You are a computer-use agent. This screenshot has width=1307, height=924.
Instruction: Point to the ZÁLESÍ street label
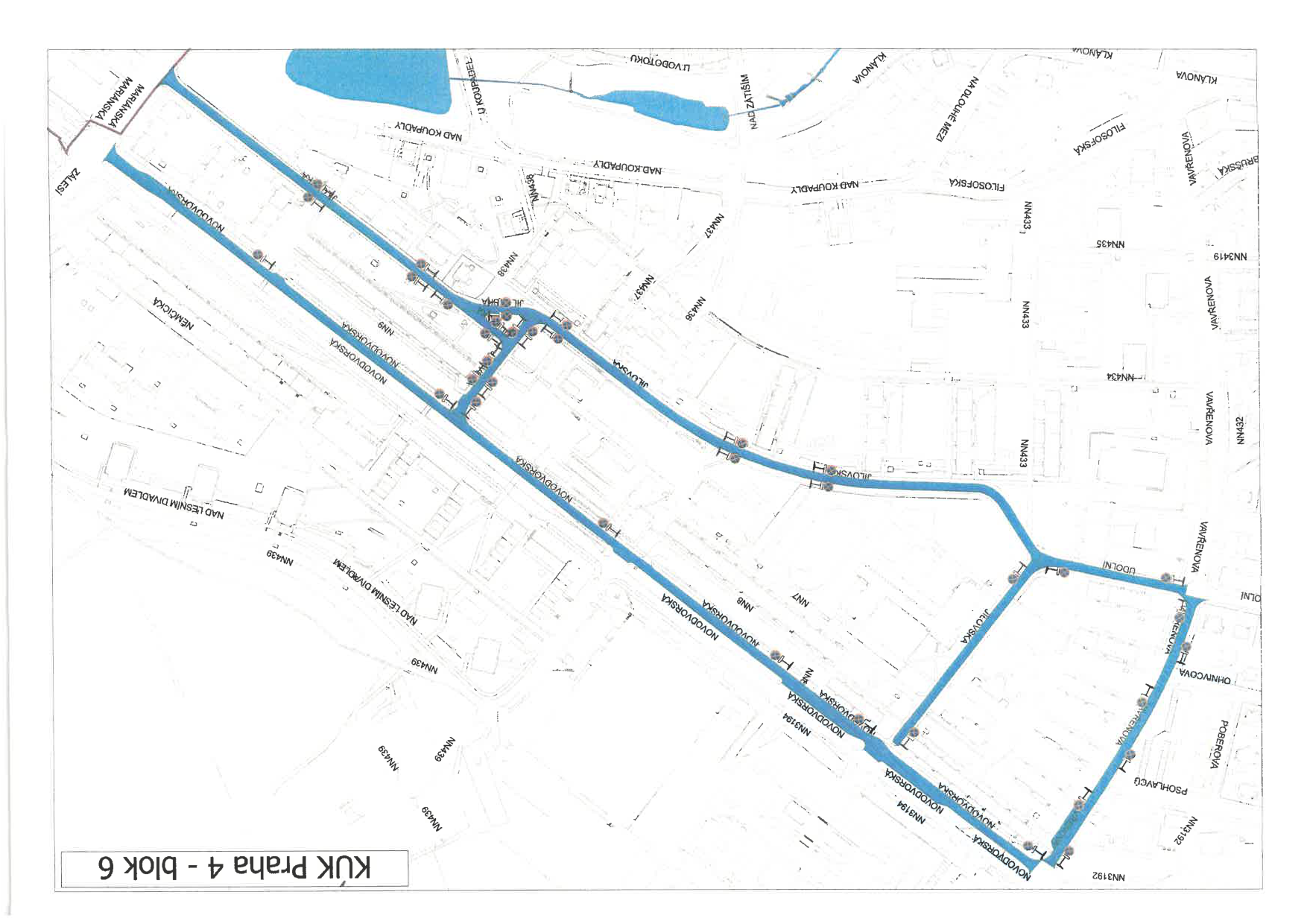69,181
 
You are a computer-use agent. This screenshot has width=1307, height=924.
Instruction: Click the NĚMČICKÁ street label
173,313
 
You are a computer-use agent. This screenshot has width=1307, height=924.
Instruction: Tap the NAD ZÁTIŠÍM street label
750,101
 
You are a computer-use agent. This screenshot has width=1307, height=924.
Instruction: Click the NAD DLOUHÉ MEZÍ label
958,109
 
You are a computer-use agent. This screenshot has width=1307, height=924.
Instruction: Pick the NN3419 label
1230,256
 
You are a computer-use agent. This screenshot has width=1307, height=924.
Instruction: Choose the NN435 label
1110,244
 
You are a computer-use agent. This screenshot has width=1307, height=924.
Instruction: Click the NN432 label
1240,430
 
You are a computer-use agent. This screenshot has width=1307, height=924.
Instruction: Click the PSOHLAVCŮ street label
1161,785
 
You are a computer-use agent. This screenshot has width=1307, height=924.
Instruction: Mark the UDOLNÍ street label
1119,568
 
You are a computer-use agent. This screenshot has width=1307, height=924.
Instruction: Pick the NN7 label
800,598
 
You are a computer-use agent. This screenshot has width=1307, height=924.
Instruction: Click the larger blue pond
369,79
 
